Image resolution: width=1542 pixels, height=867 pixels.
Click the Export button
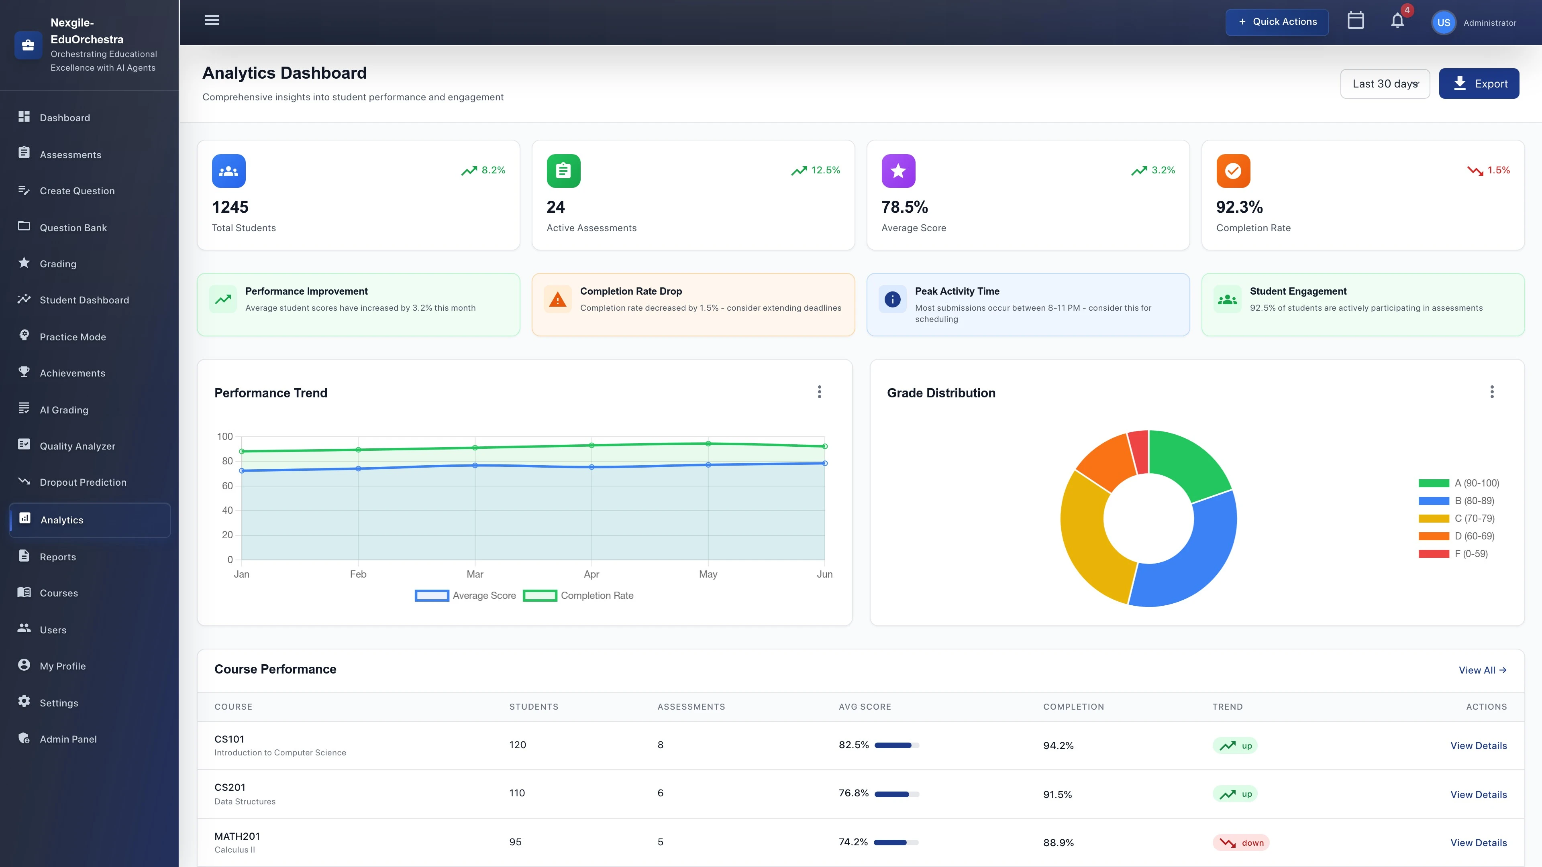tap(1479, 84)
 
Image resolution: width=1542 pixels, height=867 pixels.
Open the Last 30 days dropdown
tap(1385, 84)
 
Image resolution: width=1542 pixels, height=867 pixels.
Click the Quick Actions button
tap(1277, 22)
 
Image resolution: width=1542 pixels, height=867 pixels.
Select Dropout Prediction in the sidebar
tap(83, 482)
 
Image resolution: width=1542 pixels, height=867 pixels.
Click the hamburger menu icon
tap(212, 20)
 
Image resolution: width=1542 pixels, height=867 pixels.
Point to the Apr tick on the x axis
tap(592, 574)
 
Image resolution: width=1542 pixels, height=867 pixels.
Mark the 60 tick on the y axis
tap(227, 486)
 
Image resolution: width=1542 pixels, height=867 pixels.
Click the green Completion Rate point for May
tap(708, 444)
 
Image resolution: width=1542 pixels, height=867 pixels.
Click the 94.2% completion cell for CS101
tap(1059, 745)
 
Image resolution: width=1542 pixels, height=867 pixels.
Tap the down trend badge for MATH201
tap(1241, 843)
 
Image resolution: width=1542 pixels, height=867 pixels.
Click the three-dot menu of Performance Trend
tap(820, 392)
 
